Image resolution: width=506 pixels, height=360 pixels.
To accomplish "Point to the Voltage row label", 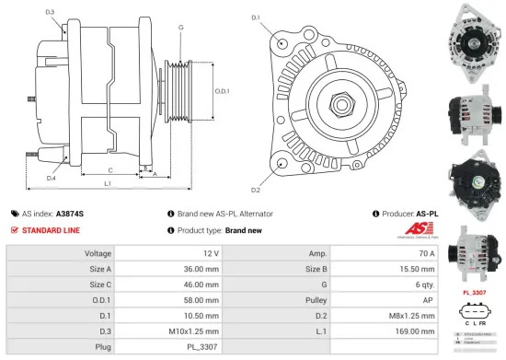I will pos(98,251).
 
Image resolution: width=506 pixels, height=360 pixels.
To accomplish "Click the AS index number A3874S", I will pos(70,213).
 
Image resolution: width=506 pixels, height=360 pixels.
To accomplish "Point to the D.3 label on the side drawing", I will pos(49,11).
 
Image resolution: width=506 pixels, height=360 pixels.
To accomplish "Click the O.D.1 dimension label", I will pos(222,90).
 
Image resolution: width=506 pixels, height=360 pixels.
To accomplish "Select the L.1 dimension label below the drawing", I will pos(108,184).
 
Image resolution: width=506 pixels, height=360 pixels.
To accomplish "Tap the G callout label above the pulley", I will pos(180,28).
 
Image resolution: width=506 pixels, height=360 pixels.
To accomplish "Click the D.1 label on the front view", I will pos(255,17).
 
